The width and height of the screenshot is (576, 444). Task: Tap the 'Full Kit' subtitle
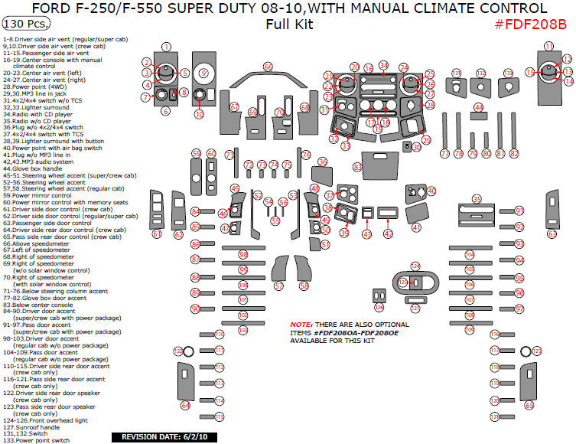[x=288, y=24]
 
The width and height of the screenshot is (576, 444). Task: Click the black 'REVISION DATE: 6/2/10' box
[x=160, y=437]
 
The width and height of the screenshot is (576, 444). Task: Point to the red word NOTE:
[x=301, y=325]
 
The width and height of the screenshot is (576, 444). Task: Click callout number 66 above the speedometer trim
[x=268, y=67]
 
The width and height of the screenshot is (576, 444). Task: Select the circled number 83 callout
[x=357, y=166]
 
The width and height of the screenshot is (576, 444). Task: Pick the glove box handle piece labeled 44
[x=478, y=108]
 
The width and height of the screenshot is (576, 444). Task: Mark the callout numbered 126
[x=415, y=266]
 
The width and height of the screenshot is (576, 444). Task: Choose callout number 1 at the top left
[x=166, y=47]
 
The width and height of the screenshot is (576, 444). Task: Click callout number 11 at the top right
[x=548, y=47]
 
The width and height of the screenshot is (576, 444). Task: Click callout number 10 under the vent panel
[x=199, y=114]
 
